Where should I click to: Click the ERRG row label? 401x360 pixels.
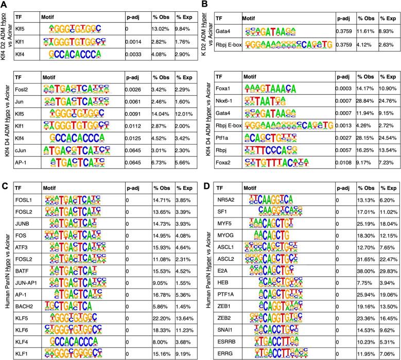point(224,352)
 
